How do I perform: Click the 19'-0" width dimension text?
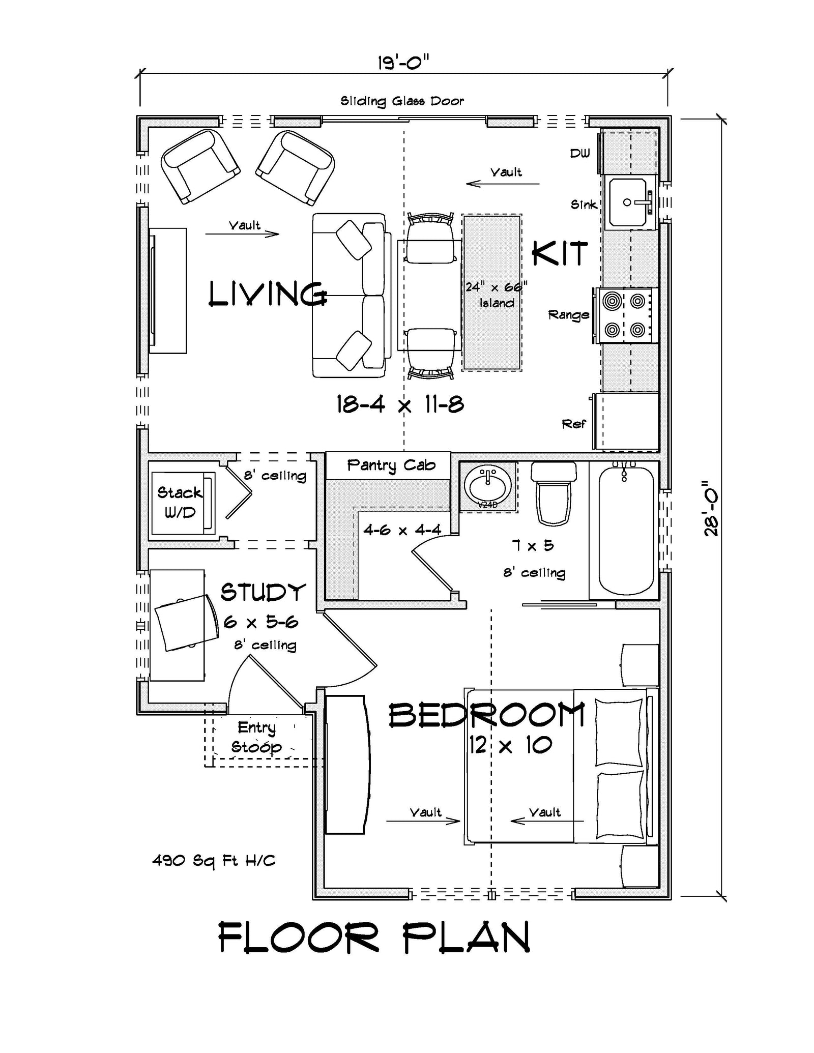click(403, 63)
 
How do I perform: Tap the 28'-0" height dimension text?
click(711, 509)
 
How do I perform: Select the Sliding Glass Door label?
click(402, 101)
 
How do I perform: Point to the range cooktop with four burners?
click(625, 315)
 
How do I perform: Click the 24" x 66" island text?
click(496, 295)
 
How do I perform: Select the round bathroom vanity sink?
click(488, 486)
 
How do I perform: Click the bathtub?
click(625, 530)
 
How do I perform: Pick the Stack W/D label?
click(180, 502)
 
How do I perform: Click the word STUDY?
click(263, 593)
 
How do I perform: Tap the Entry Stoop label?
click(256, 738)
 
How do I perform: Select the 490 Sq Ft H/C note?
click(214, 861)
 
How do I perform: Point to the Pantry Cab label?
click(391, 465)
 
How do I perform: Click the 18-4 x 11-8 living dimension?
click(400, 405)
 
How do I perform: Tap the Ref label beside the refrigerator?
click(573, 424)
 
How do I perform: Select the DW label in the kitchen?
click(579, 153)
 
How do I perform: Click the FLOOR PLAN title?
click(374, 938)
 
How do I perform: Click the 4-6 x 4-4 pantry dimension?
click(402, 530)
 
